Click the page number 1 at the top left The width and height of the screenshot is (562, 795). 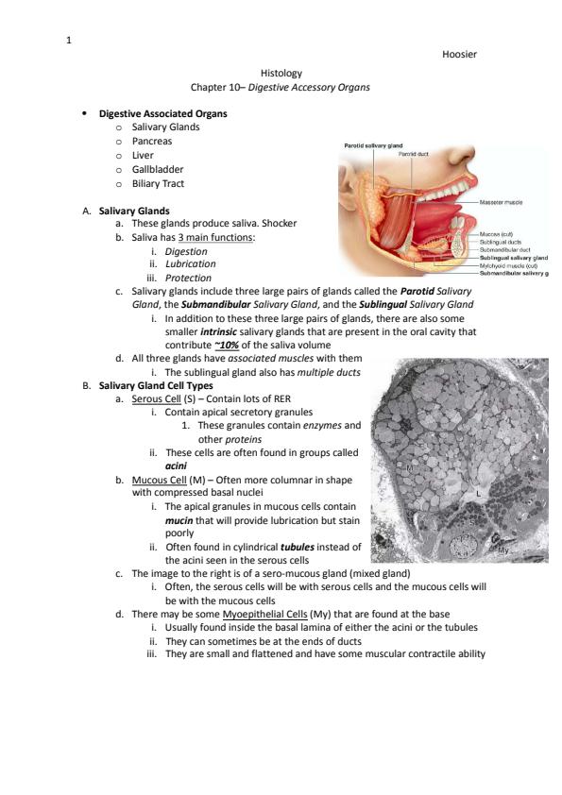click(x=68, y=40)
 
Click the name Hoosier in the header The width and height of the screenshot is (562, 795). click(x=459, y=54)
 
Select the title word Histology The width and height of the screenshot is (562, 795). click(x=281, y=74)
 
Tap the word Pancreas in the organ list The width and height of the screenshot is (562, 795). click(x=152, y=142)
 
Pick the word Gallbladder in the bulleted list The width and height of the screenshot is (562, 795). click(x=157, y=169)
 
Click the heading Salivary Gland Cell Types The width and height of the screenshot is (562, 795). click(x=156, y=386)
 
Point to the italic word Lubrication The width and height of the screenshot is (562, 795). click(x=190, y=263)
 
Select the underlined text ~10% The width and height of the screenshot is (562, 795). click(x=227, y=346)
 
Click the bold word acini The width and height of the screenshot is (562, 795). click(x=176, y=465)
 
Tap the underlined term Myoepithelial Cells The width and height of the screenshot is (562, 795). click(x=264, y=615)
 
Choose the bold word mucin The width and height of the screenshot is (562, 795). click(x=179, y=520)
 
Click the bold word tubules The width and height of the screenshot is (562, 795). click(x=298, y=547)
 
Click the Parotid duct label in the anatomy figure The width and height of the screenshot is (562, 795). click(x=414, y=154)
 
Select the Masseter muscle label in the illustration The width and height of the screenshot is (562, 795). click(x=501, y=202)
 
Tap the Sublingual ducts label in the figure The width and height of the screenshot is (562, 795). click(x=500, y=243)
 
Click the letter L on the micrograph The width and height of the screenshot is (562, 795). click(x=478, y=493)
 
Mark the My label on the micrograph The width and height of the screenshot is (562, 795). click(x=503, y=550)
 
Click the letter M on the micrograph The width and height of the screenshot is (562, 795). click(x=410, y=468)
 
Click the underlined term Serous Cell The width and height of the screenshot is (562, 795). click(x=156, y=399)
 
